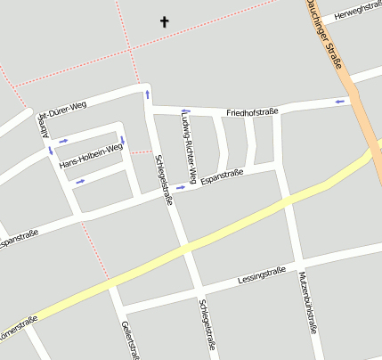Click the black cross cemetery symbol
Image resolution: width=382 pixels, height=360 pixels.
164,20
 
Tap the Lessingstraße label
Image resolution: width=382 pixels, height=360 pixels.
261,274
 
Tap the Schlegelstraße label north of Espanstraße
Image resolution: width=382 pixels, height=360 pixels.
164,178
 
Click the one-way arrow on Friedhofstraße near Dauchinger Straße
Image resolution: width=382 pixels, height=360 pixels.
340,102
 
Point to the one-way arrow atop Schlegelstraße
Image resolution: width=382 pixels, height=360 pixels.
147,93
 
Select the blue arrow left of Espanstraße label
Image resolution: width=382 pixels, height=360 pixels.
182,187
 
